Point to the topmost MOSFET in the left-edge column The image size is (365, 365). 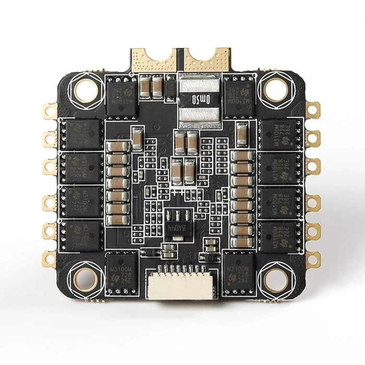81,133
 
